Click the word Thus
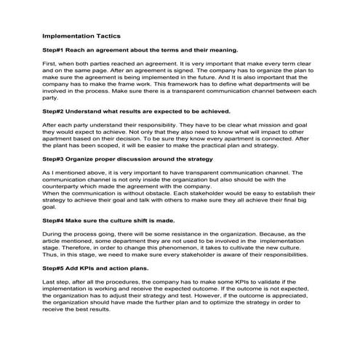[50, 255]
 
